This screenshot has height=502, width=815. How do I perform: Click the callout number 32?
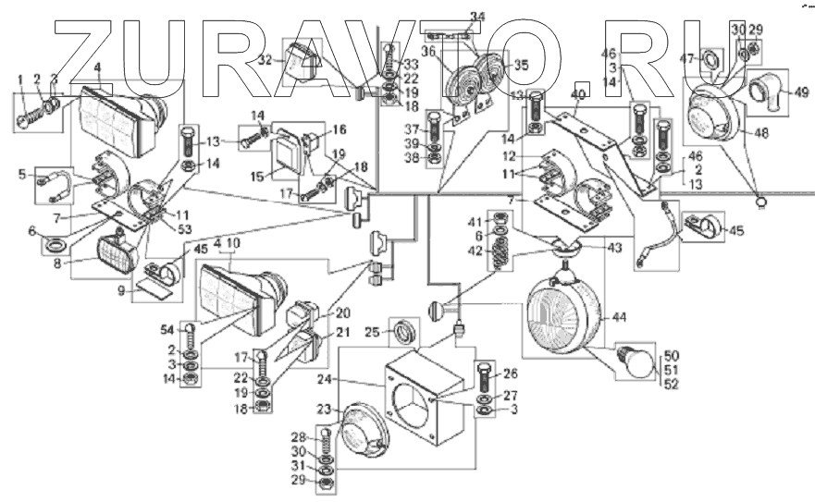coord(265,57)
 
